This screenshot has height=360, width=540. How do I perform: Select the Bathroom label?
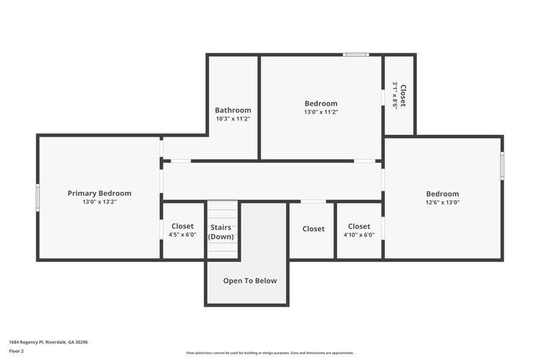(x=232, y=110)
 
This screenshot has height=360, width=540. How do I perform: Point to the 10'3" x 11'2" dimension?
(x=232, y=119)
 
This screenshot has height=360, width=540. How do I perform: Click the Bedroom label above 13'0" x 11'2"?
(x=320, y=103)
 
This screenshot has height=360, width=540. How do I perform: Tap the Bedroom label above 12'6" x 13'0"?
(x=442, y=193)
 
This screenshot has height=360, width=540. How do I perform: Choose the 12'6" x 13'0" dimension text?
(x=442, y=202)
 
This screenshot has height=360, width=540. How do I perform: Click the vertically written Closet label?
(x=403, y=96)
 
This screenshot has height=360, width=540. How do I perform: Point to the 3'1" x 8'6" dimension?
(x=395, y=96)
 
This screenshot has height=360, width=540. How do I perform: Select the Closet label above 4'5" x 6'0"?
(x=182, y=227)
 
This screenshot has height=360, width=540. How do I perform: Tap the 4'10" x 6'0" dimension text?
(x=359, y=235)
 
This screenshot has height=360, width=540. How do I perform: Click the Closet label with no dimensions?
(x=313, y=229)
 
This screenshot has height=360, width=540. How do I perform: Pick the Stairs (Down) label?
(x=221, y=232)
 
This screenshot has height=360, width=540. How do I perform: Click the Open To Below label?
(x=250, y=281)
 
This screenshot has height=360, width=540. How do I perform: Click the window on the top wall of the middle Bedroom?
(x=356, y=55)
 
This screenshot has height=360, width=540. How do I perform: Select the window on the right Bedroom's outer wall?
(x=502, y=167)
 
